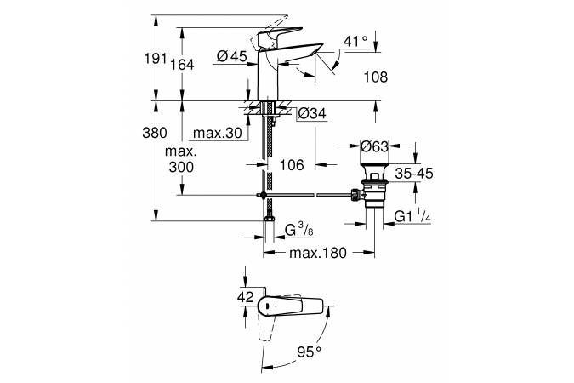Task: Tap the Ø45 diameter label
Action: (x=232, y=56)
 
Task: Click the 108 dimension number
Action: (x=374, y=77)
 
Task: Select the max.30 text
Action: (x=217, y=134)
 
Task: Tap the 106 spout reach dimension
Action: (x=292, y=165)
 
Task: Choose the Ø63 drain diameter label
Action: (x=374, y=146)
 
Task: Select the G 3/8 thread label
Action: (x=300, y=230)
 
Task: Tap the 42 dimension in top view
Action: (x=245, y=297)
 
